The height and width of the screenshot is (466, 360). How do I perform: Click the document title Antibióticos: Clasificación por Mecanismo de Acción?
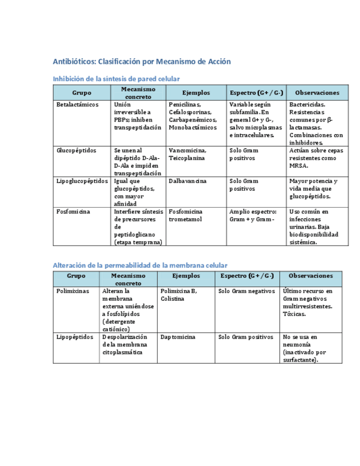142,62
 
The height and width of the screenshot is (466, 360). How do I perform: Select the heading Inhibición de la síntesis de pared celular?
116,79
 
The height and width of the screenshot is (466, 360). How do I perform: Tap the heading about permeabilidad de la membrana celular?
140,265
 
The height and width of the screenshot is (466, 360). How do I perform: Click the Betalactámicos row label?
77,104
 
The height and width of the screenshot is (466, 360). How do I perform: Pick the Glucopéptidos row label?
76,151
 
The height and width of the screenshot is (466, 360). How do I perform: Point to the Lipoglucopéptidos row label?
82,181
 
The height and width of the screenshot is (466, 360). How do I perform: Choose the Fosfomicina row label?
73,212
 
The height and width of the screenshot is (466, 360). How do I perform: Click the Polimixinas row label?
73,291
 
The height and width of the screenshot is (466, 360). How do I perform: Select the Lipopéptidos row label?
75,337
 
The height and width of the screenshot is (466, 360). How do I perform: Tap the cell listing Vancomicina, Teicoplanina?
187,154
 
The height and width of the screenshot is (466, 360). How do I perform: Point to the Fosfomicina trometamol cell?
186,215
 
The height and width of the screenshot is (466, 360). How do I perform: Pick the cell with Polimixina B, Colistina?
179,295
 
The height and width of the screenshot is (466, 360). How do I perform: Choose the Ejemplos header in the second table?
186,276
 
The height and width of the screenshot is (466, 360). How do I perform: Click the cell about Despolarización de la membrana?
125,345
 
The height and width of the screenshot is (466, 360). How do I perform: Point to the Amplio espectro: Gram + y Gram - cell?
253,215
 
